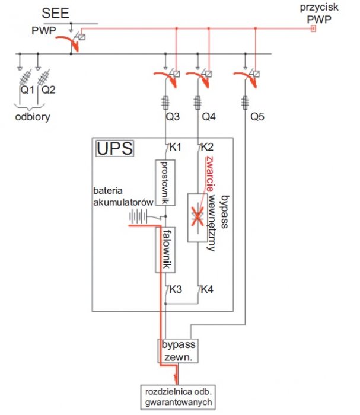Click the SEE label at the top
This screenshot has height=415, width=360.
[55, 13]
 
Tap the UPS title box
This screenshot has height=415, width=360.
[114, 148]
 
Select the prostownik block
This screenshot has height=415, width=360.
[165, 183]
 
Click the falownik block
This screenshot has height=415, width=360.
[165, 250]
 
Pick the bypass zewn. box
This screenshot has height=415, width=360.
[178, 351]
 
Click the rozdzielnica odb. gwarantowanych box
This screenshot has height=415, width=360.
[178, 397]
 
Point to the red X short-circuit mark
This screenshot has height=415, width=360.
[197, 216]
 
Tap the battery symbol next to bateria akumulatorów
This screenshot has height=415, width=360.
[138, 216]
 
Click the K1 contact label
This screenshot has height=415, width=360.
[175, 147]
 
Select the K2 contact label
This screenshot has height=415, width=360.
[207, 147]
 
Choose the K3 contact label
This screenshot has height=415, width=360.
[176, 289]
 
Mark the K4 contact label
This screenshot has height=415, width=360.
[207, 289]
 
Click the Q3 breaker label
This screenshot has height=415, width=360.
[173, 116]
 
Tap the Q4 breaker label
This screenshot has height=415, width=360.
[209, 116]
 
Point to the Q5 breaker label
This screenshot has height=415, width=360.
[257, 116]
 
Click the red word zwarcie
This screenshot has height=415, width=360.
[210, 174]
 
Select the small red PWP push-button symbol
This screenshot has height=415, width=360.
[313, 28]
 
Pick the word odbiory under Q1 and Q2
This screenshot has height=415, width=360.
[33, 117]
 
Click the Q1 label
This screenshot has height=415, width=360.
[27, 90]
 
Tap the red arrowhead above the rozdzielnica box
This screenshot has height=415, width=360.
[176, 379]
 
